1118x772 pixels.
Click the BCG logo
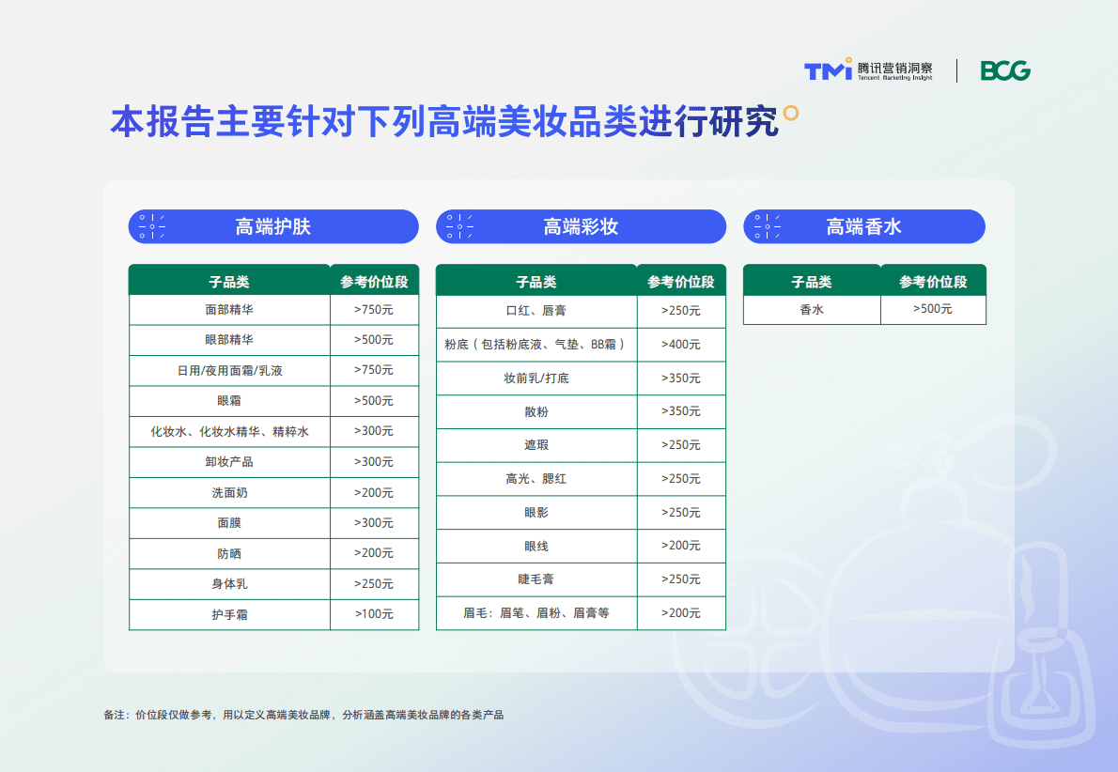1005,70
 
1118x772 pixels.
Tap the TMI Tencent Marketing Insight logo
868,70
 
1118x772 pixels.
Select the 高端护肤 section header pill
273,226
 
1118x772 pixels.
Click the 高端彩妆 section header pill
581,226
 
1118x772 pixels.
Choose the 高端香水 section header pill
864,226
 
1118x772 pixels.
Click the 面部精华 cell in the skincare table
229,309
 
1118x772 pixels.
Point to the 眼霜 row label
229,401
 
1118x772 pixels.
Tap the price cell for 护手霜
374,614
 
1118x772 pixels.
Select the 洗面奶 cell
229,492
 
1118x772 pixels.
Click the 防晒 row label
229,553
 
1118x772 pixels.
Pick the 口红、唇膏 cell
536,311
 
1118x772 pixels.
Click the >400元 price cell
681,345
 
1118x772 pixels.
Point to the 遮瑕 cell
536,445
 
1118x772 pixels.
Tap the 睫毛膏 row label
536,579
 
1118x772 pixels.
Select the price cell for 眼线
681,546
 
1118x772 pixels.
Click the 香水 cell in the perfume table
812,309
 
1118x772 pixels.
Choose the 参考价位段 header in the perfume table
933,282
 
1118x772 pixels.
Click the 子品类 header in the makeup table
536,282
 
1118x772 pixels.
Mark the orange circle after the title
791,114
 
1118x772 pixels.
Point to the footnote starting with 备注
303,715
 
